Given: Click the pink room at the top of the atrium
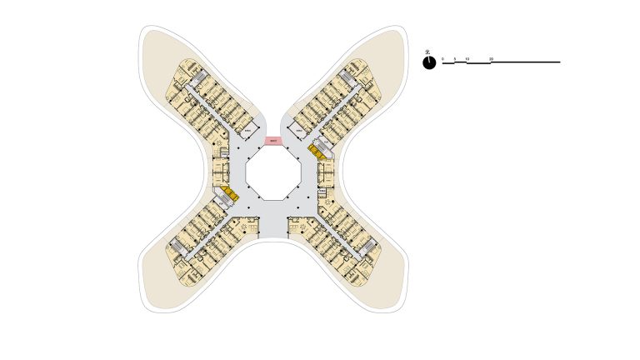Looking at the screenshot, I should (x=273, y=142).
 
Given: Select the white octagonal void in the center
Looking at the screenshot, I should (x=273, y=177).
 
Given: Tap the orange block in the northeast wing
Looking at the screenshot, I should (x=316, y=151).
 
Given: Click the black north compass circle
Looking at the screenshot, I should (x=429, y=62).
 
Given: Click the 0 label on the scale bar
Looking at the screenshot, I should (x=442, y=59).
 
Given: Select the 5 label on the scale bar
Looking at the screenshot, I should (x=455, y=59).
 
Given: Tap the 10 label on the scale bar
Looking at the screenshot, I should (x=467, y=59).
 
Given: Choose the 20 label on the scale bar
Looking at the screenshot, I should (x=492, y=59).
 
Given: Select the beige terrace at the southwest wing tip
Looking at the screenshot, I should (x=158, y=287).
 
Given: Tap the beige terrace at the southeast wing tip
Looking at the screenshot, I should (x=387, y=287).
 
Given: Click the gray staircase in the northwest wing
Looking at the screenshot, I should (x=197, y=78).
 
